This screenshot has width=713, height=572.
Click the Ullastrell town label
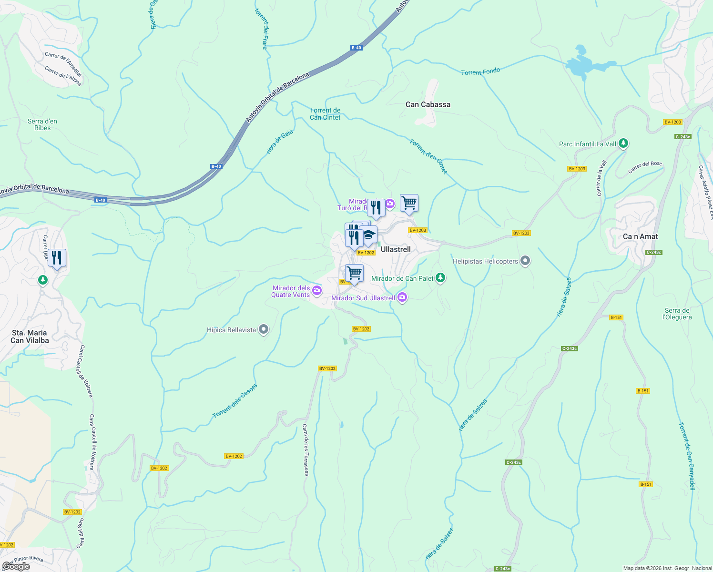[x=396, y=249]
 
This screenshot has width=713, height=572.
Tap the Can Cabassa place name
[x=428, y=104]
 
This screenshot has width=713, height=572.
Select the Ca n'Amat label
[x=640, y=236]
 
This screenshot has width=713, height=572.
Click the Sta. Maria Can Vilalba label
[x=30, y=337]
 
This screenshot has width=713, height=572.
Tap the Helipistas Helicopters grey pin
[x=525, y=261]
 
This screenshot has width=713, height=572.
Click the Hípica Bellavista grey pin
[x=264, y=330]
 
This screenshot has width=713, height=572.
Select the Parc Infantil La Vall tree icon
[x=623, y=143]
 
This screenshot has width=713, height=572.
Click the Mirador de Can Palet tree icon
[x=440, y=278]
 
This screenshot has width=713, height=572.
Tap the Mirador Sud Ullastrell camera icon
[x=402, y=298]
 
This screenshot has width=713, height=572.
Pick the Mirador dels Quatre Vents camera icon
[x=317, y=291]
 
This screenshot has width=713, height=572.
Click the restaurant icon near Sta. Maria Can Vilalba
[x=57, y=258]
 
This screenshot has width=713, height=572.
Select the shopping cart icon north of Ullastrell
[x=409, y=203]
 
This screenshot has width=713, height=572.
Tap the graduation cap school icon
[x=368, y=235]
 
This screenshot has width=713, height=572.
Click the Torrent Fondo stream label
[x=480, y=71]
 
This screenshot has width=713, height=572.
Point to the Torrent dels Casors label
[x=234, y=401]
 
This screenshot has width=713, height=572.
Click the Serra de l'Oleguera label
[x=677, y=314]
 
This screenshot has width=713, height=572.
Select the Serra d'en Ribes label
[x=42, y=124]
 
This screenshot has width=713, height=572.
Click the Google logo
[x=16, y=566]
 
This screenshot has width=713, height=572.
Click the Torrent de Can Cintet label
[x=325, y=114]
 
